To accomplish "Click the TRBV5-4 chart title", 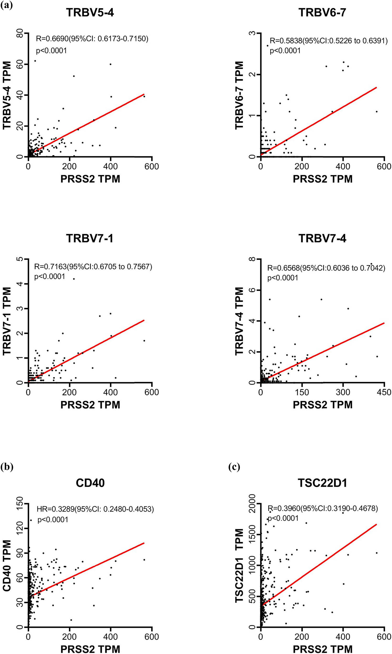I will coord(90,12).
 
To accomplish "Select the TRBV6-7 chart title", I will coord(322,12).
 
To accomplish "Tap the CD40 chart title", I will coord(90,483).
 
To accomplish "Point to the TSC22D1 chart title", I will coord(322,483).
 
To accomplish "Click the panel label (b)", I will coord(7,467).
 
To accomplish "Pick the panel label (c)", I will coord(234,467).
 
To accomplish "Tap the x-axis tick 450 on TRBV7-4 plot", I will coord(384,392).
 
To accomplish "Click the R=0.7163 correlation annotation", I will coord(93,267).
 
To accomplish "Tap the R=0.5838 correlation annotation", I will coord(329,41).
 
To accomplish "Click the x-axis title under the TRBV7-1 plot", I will coord(90,405).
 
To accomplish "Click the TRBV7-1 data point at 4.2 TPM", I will coord(74,279).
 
